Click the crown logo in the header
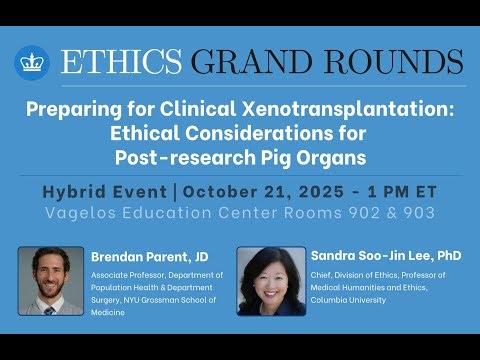pyautogui.click(x=33, y=62)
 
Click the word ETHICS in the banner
pyautogui.click(x=121, y=61)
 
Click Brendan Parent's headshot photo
pyautogui.click(x=51, y=281)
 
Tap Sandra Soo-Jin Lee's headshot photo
pyautogui.click(x=271, y=281)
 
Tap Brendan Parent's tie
pyautogui.click(x=49, y=310)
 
